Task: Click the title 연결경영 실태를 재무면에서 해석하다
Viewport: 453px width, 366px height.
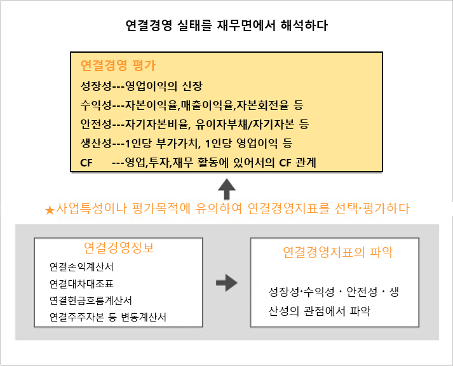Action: pyautogui.click(x=226, y=25)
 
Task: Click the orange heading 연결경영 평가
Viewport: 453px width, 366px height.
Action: pyautogui.click(x=118, y=65)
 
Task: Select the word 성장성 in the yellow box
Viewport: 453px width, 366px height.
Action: pyautogui.click(x=96, y=86)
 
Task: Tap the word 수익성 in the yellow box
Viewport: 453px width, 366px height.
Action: pyautogui.click(x=96, y=105)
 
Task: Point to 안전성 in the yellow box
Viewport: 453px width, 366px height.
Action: pyautogui.click(x=96, y=124)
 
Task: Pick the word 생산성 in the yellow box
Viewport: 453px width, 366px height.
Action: pyautogui.click(x=96, y=143)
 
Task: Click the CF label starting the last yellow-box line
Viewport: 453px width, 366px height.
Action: pyautogui.click(x=86, y=163)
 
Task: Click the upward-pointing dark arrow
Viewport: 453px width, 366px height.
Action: pyautogui.click(x=227, y=189)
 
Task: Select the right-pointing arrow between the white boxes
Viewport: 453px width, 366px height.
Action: pyautogui.click(x=227, y=283)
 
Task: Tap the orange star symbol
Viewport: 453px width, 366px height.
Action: pyautogui.click(x=50, y=210)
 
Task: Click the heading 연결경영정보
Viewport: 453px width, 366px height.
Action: pyautogui.click(x=119, y=248)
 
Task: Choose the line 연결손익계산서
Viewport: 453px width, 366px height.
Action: pyautogui.click(x=81, y=267)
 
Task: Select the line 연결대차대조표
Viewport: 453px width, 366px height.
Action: pyautogui.click(x=81, y=283)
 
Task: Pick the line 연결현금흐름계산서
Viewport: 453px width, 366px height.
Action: pyautogui.click(x=91, y=301)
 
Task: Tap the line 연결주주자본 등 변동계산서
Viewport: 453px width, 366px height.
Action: pyautogui.click(x=108, y=317)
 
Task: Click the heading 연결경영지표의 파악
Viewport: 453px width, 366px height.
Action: pyautogui.click(x=338, y=252)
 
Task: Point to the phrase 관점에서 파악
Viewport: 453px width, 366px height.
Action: pyautogui.click(x=337, y=311)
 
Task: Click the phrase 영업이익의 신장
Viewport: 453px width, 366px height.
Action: pyautogui.click(x=164, y=86)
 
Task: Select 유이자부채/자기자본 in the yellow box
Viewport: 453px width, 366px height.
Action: pyautogui.click(x=245, y=124)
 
